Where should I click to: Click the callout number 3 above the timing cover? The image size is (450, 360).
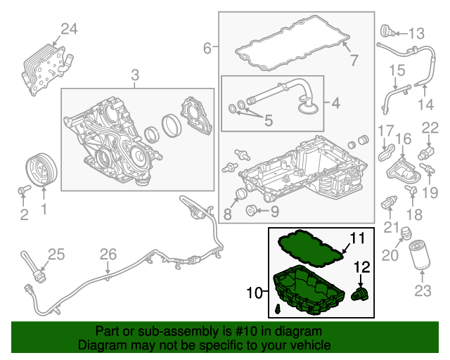point(135,75)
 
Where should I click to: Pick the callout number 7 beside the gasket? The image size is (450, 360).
point(354,60)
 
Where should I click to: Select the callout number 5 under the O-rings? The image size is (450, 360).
point(268,121)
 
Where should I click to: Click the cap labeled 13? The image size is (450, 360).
point(386,32)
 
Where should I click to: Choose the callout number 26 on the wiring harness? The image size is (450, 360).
point(107,254)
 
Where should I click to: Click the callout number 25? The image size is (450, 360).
point(56,254)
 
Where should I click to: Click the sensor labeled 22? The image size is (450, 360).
point(426,153)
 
